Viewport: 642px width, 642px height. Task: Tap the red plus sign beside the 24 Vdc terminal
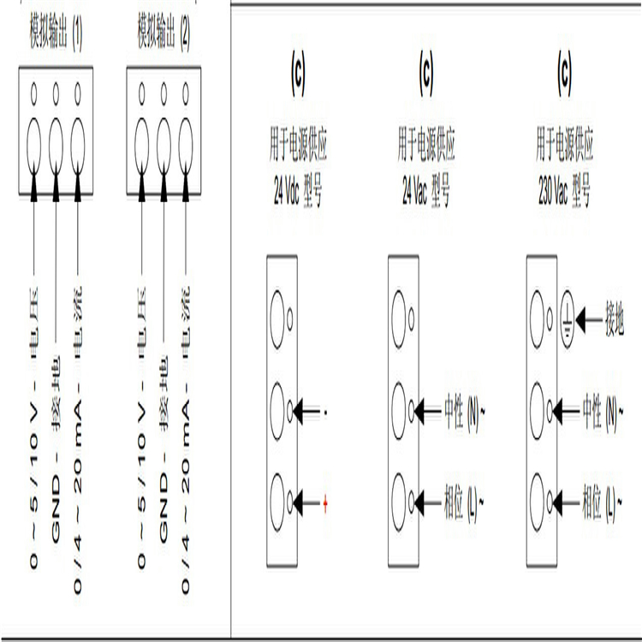[x=326, y=501]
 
